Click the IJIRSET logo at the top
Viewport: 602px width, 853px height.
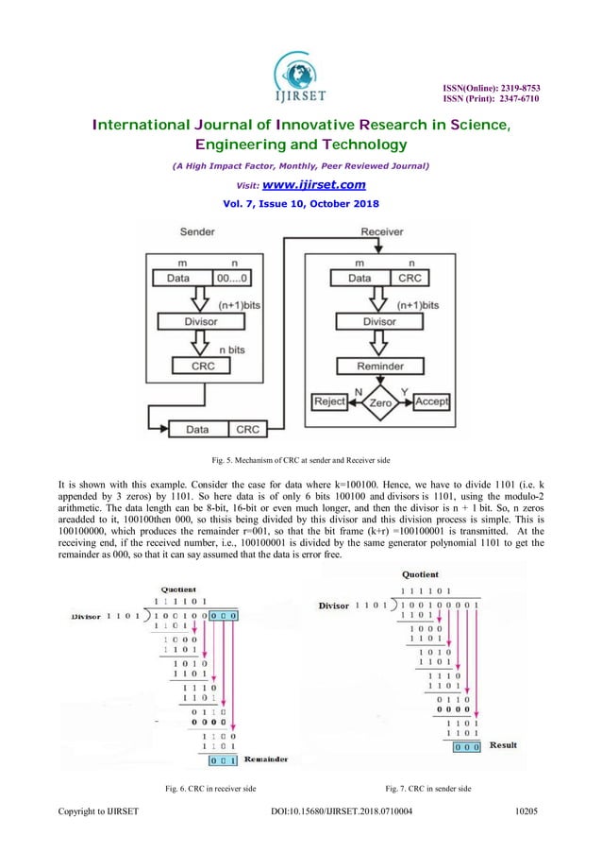point(300,72)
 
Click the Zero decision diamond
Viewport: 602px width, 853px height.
point(379,401)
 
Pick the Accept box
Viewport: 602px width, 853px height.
point(431,401)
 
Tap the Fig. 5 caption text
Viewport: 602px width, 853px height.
point(300,460)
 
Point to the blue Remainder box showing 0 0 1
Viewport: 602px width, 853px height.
point(222,759)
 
